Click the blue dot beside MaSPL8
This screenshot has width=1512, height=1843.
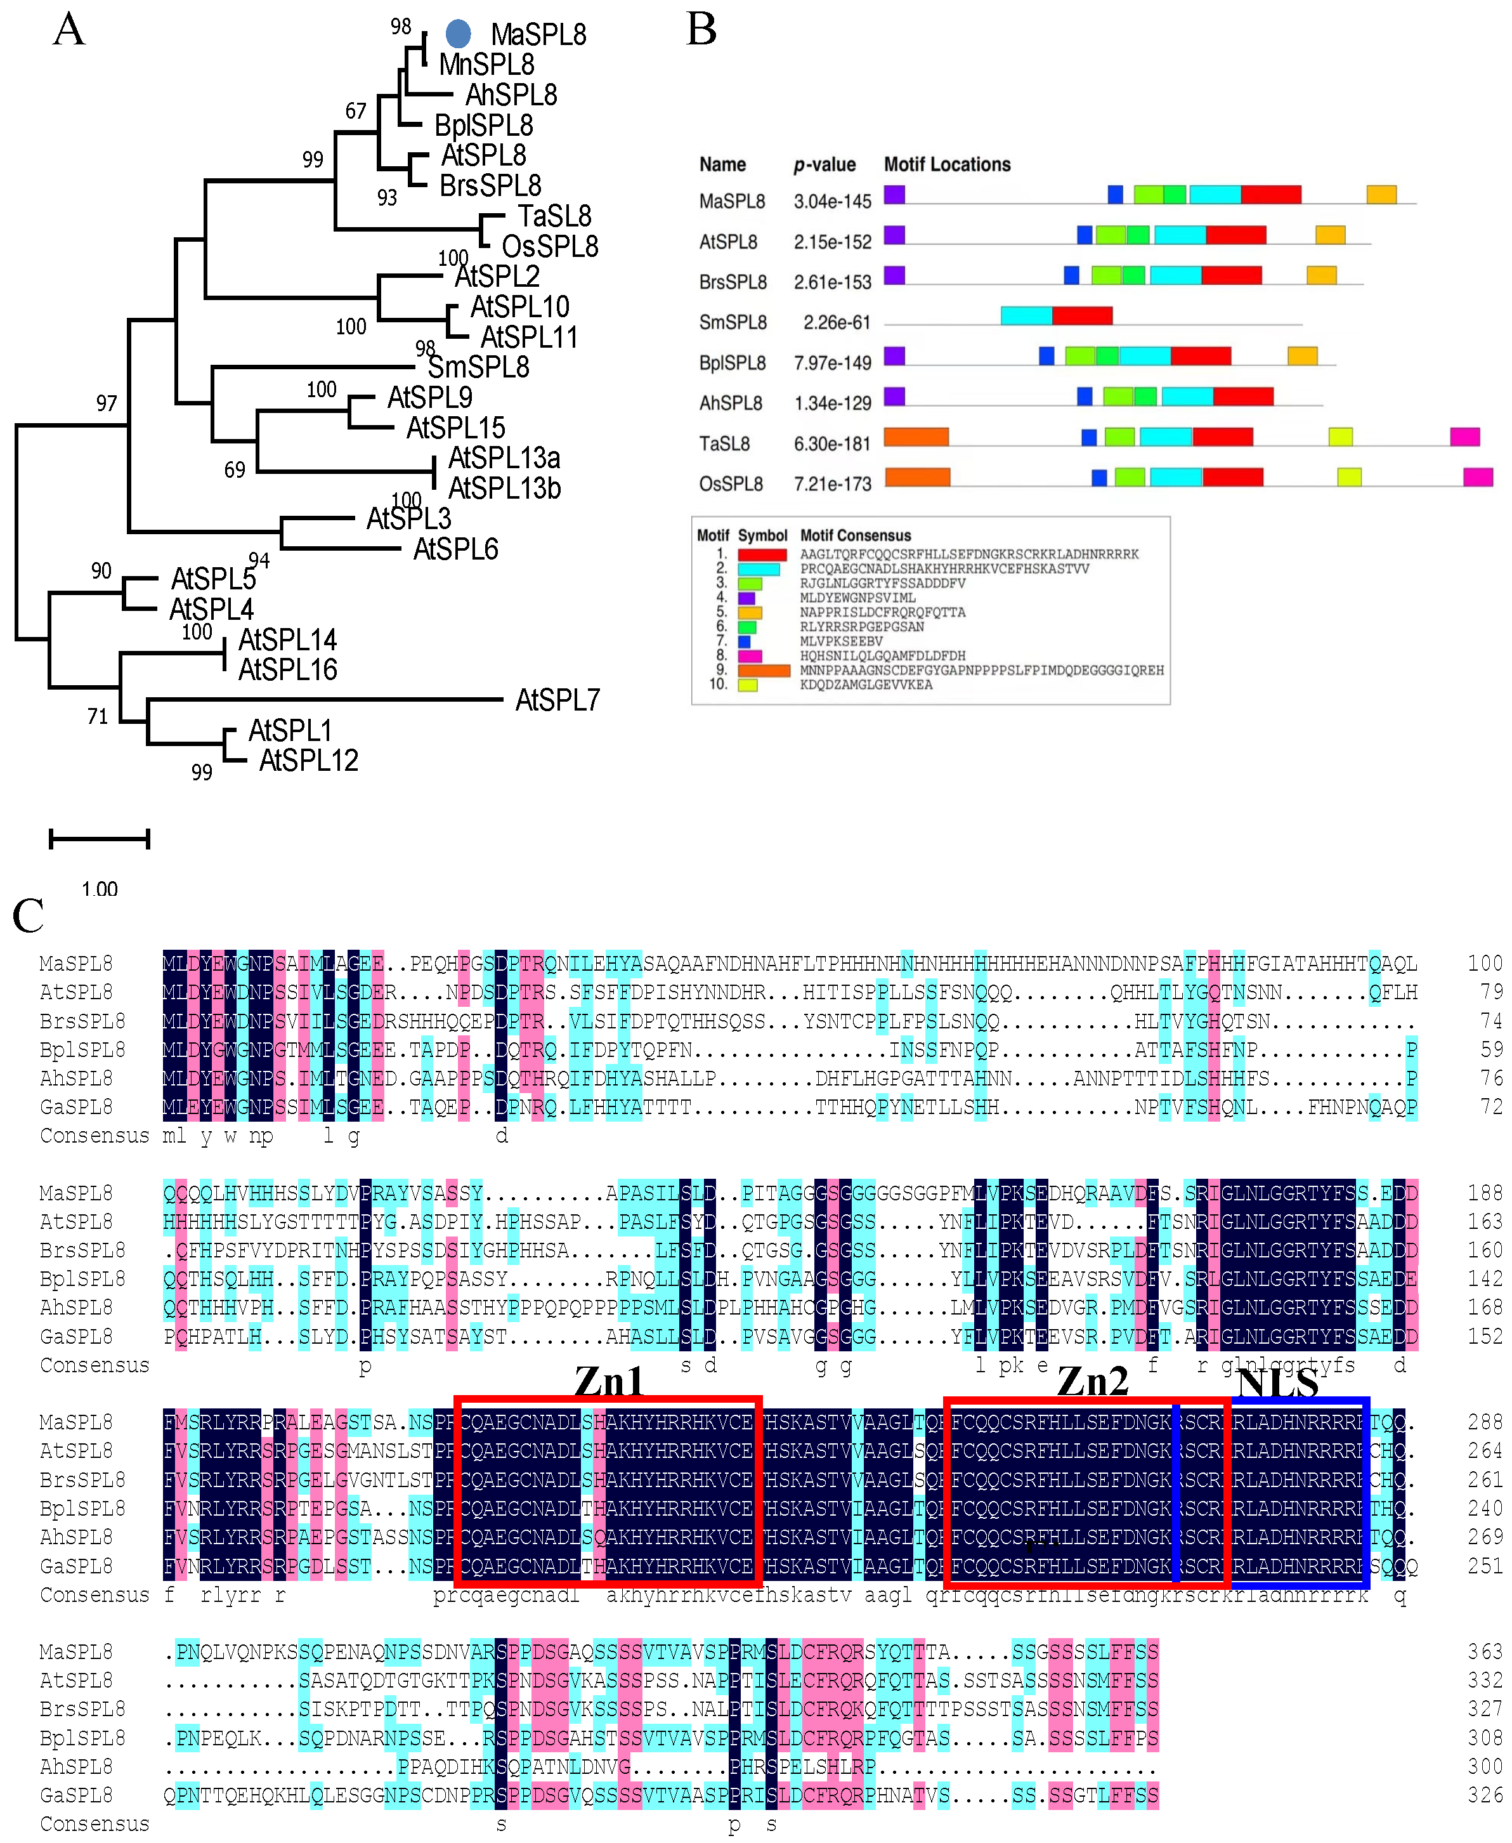coord(458,34)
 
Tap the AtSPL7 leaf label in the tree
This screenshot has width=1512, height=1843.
coord(557,700)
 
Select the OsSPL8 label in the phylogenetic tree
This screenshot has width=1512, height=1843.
coord(550,247)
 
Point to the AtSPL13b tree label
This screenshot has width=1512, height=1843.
coord(504,488)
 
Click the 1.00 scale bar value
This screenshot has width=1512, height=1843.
coord(100,889)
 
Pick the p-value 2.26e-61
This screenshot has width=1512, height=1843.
coord(836,322)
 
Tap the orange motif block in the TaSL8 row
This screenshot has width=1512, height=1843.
coord(916,436)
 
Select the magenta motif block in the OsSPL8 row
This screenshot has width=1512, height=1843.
coord(1478,476)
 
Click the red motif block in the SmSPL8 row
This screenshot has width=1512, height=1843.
coord(1082,315)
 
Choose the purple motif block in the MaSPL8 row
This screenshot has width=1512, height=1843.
coord(894,194)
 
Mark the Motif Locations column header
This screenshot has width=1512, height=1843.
coord(947,165)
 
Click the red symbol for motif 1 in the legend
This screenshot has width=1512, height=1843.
coord(762,554)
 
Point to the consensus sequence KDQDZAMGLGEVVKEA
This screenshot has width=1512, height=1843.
coord(866,685)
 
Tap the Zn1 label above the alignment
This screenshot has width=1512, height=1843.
coord(609,1381)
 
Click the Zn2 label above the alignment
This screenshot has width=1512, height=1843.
coord(1092,1381)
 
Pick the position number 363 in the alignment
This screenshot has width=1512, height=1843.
coord(1484,1651)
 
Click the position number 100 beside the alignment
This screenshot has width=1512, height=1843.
coord(1484,963)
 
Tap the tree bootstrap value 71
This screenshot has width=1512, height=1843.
coord(98,716)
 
